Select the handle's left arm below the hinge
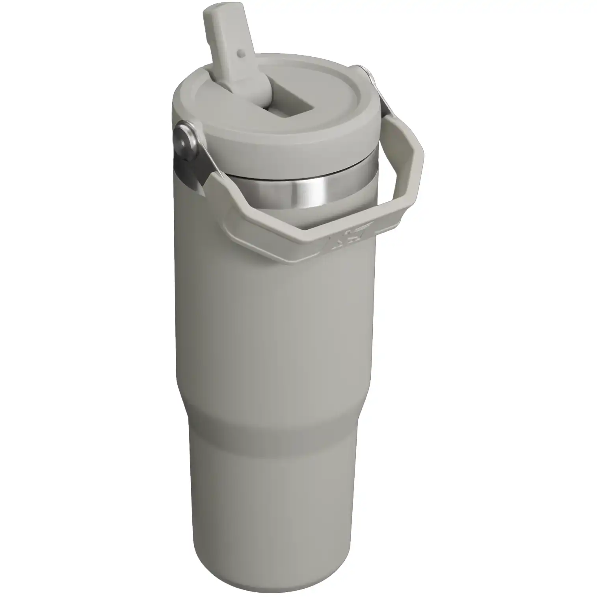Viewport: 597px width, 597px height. (x=221, y=197)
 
